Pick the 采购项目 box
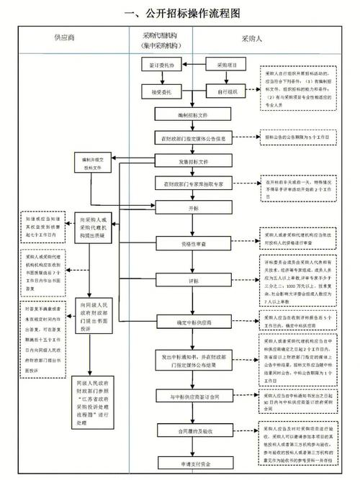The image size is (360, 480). click(221, 65)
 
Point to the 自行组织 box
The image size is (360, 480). click(221, 92)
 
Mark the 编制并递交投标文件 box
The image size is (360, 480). click(98, 163)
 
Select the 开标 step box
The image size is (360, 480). click(193, 208)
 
